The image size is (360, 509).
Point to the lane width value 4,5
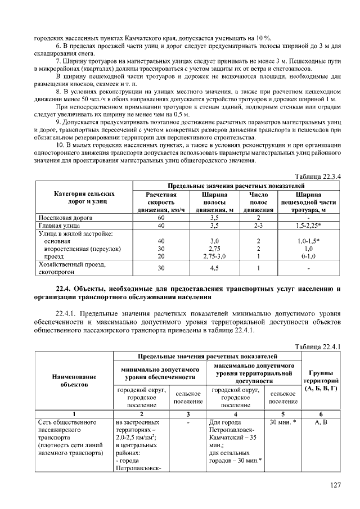coord(214,268)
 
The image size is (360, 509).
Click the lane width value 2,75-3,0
coord(214,256)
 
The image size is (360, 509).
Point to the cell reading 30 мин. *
coord(283,421)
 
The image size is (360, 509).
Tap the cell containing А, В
coord(319,421)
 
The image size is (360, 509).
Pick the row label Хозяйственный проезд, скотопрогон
coord(72,268)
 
